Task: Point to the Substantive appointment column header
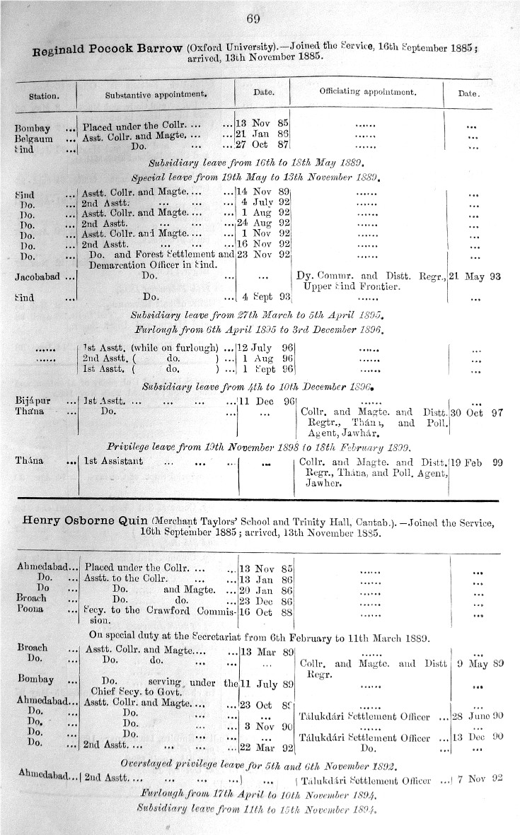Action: (156, 93)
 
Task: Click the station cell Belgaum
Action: (33, 136)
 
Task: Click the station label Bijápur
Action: (33, 401)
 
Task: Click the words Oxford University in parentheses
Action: (232, 48)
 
